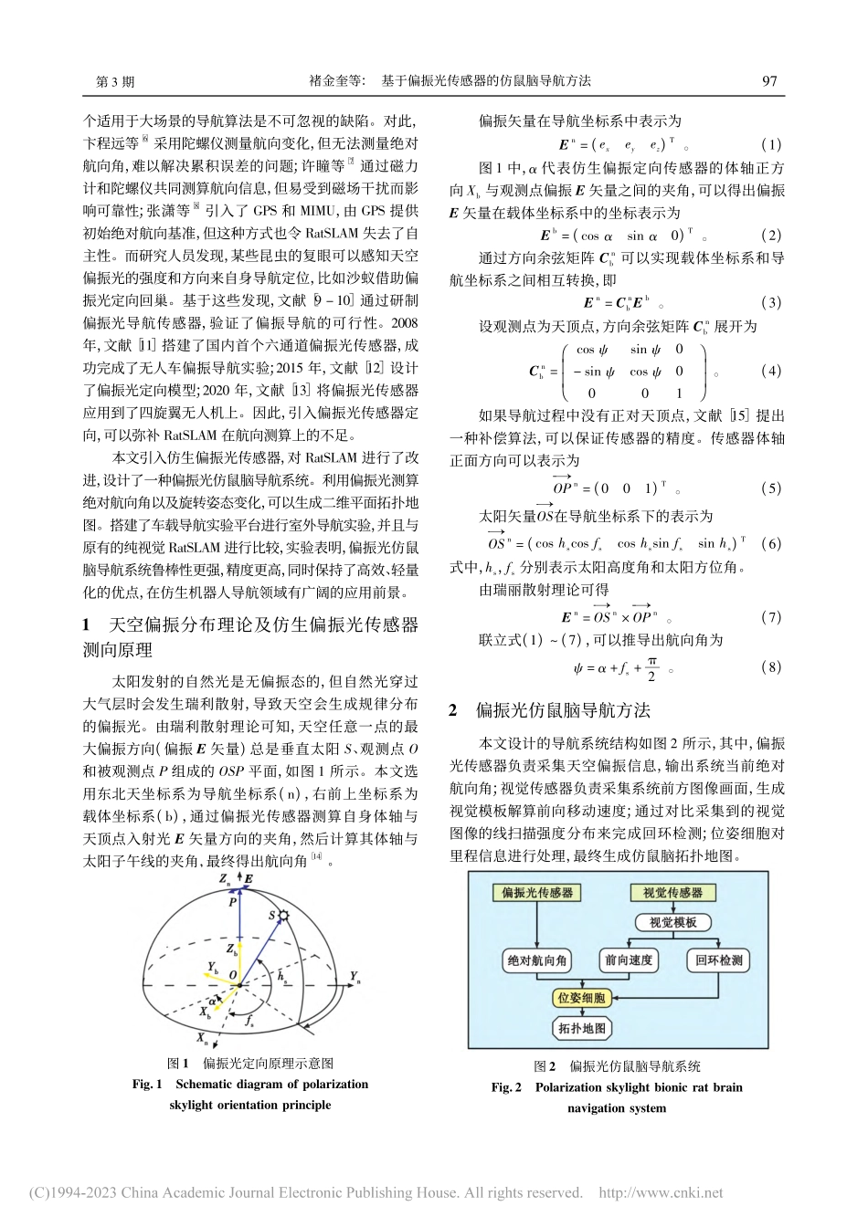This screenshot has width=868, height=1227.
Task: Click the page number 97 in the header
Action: pyautogui.click(x=769, y=80)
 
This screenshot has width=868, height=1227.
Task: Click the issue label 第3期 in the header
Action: pyautogui.click(x=115, y=80)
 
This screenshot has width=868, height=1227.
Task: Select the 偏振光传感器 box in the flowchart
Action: pyautogui.click(x=537, y=893)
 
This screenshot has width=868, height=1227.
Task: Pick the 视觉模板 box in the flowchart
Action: pyautogui.click(x=673, y=922)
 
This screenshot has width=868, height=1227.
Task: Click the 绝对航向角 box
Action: pyautogui.click(x=536, y=960)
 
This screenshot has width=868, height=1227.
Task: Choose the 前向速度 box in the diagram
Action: pyautogui.click(x=628, y=960)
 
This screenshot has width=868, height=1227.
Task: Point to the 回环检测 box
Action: pyautogui.click(x=718, y=960)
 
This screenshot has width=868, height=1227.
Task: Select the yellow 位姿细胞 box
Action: pyautogui.click(x=582, y=999)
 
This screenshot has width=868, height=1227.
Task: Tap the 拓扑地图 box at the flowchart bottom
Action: pyautogui.click(x=582, y=1029)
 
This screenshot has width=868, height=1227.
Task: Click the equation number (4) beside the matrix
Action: pyautogui.click(x=771, y=371)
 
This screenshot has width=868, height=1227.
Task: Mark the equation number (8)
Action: pyautogui.click(x=771, y=667)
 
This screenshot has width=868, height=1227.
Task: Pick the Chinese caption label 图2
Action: pyautogui.click(x=545, y=1065)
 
